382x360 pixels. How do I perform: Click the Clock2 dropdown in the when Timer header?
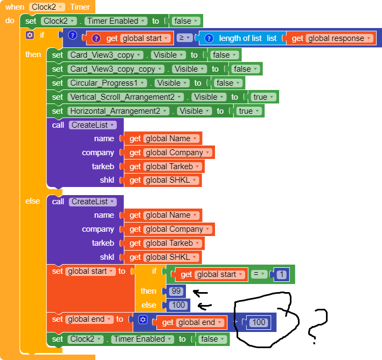pyautogui.click(x=47, y=7)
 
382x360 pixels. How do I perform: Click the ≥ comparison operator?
pyautogui.click(x=185, y=38)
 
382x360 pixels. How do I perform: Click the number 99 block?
pyautogui.click(x=176, y=291)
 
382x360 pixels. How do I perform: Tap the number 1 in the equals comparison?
pyautogui.click(x=281, y=274)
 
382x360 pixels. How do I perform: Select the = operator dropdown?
pyautogui.click(x=259, y=274)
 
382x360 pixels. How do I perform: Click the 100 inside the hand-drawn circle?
pyautogui.click(x=259, y=322)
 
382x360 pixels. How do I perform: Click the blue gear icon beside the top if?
pyautogui.click(x=30, y=35)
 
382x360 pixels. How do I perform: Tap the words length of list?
pyautogui.click(x=240, y=38)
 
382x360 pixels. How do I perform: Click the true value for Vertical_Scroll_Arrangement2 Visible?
pyautogui.click(x=263, y=97)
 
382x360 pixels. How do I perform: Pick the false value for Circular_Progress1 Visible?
pyautogui.click(x=226, y=83)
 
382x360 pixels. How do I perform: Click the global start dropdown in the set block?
pyautogui.click(x=91, y=271)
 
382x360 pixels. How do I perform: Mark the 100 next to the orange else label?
pyautogui.click(x=178, y=305)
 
